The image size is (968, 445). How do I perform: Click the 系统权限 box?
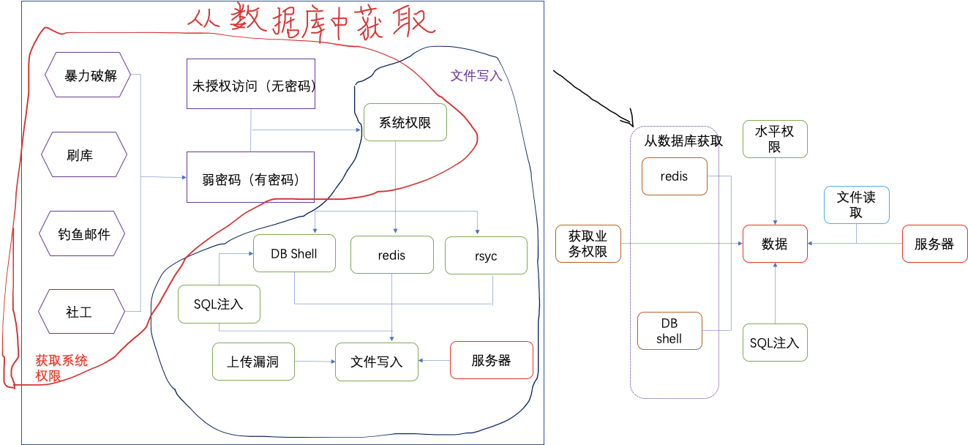405,123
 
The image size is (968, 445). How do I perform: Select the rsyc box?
486,255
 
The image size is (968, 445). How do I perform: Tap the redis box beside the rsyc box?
391,255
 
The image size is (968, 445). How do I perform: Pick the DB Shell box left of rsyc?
294,254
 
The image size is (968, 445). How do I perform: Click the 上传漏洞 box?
253,362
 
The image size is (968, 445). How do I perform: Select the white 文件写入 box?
377,362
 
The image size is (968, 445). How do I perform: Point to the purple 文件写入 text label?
476,75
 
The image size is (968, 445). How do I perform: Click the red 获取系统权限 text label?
61,368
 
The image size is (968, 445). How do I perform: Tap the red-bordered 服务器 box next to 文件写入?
492,360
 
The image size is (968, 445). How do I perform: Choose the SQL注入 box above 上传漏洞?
219,304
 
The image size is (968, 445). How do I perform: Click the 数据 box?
775,244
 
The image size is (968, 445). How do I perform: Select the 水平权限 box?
775,139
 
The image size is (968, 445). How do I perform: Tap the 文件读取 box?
856,205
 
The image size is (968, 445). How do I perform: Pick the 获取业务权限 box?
588,244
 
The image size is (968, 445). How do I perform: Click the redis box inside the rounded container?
674,176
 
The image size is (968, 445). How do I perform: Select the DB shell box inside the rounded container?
669,331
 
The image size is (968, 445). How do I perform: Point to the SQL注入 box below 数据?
775,343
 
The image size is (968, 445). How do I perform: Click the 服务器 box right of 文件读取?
934,244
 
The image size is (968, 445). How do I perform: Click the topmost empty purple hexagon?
88,75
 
